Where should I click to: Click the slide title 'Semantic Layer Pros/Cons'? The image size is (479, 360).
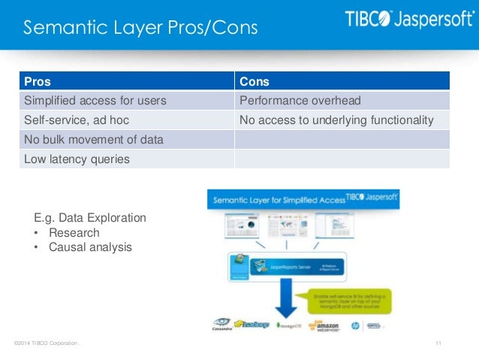(140, 29)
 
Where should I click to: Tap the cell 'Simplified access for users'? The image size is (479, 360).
(95, 101)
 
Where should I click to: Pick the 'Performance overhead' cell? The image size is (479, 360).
(300, 101)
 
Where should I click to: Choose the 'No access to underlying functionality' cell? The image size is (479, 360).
(336, 120)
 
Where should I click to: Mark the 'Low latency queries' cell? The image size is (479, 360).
(77, 159)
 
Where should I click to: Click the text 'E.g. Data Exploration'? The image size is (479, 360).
(90, 218)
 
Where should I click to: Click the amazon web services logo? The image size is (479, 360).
(327, 324)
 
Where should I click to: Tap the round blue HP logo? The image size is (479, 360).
(354, 325)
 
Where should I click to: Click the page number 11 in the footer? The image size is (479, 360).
(438, 343)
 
